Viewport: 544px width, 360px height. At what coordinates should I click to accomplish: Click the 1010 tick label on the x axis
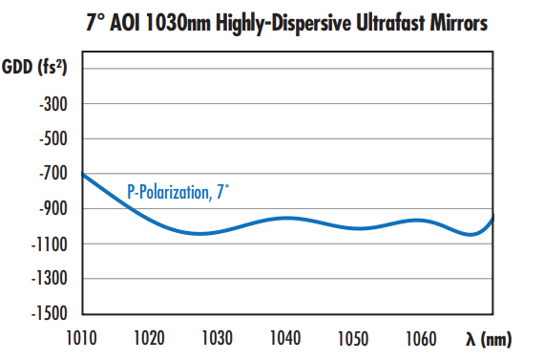[83, 337]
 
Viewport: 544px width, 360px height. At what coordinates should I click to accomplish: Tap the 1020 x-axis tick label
[151, 337]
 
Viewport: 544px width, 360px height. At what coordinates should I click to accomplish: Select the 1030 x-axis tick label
[219, 337]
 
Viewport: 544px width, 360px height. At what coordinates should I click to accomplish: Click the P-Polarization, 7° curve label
[178, 192]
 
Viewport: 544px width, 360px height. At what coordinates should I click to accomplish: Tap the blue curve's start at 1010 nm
[84, 174]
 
